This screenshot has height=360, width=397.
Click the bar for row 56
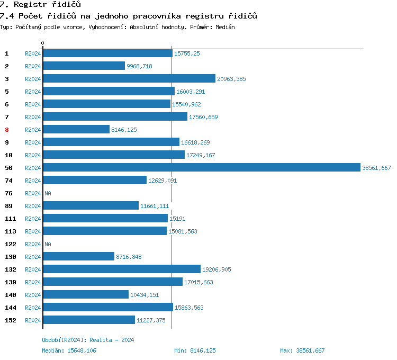pos(201,167)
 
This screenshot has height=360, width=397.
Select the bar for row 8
pos(76,129)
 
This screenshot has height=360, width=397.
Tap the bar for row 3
pos(129,78)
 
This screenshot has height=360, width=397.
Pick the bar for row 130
pos(78,256)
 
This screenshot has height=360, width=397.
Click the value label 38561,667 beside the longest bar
pos(376,168)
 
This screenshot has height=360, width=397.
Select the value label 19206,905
pos(216,269)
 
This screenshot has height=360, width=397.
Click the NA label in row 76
pos(48,193)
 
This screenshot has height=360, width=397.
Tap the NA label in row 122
pos(48,244)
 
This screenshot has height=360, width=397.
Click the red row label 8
pos(7,130)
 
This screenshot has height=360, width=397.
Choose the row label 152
pos(10,320)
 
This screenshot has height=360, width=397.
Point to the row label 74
pos(8,181)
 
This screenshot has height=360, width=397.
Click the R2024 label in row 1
pos(33,53)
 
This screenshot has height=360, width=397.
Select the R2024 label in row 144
pos(33,308)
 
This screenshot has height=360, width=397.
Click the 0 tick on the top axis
pos(43,43)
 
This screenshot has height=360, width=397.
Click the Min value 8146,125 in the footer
pos(201,350)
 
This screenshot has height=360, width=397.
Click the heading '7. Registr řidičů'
pos(40,5)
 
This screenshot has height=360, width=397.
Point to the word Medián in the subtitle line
pos(224,26)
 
